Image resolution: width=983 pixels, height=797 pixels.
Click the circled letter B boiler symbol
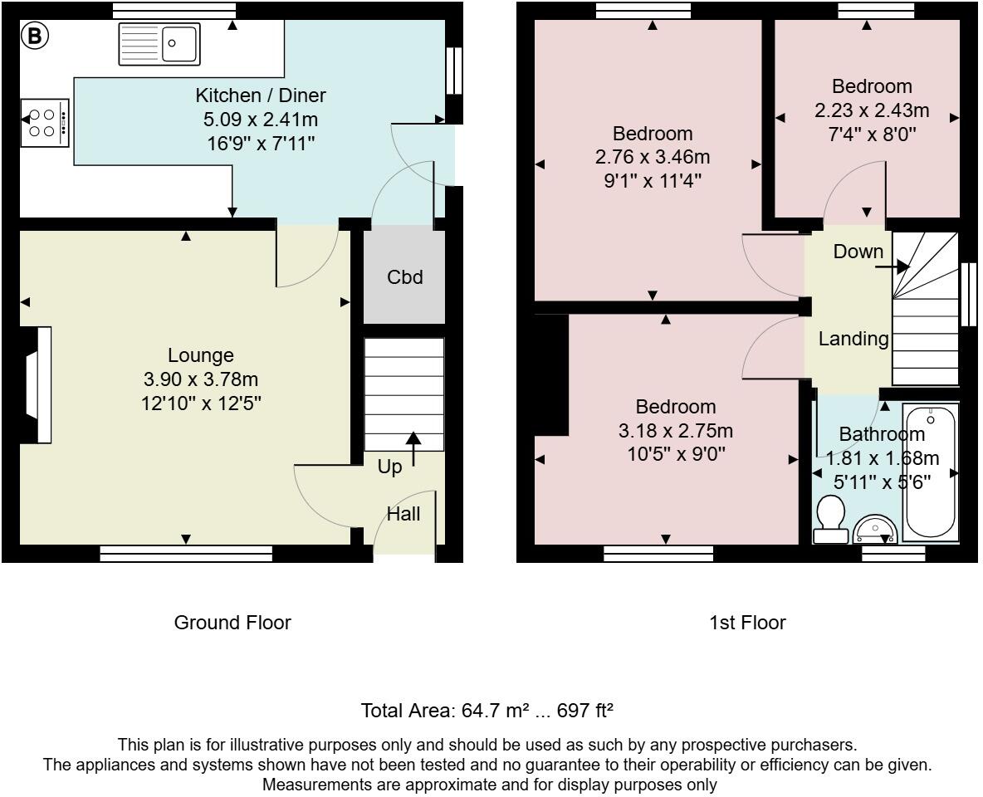tap(35, 36)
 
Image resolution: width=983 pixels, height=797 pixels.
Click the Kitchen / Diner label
tap(260, 95)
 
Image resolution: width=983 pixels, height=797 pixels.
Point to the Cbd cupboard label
tap(404, 277)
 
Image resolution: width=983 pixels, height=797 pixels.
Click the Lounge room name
tap(200, 355)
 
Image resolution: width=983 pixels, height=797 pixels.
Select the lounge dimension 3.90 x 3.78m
tap(200, 380)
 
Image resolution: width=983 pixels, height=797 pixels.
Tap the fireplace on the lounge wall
tap(37, 385)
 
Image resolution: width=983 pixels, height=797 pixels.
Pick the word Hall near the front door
tap(403, 515)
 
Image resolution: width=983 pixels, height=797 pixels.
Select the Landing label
tap(853, 339)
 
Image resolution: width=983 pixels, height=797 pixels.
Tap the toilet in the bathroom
tap(829, 520)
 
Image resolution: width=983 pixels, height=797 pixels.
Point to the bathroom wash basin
tap(876, 529)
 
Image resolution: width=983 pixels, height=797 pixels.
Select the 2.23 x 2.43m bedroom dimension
tap(872, 110)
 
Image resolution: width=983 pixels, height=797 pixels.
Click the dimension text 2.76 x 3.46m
tap(653, 157)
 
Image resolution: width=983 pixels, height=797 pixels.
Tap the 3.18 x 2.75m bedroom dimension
tap(675, 431)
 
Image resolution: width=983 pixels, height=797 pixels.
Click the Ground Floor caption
tap(232, 623)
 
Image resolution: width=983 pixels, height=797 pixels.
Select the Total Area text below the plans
tap(487, 711)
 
